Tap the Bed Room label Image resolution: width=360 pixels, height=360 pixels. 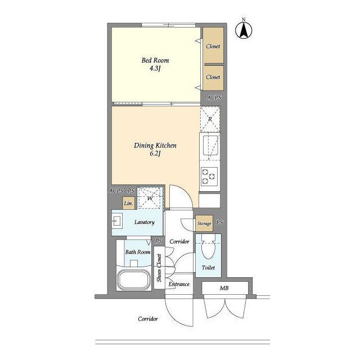click(155, 60)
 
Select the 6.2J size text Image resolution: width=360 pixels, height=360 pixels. click(155, 154)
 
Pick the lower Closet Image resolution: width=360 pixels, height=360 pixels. click(213, 78)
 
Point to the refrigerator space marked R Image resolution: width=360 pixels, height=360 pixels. click(210, 119)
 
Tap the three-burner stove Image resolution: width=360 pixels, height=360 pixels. click(209, 176)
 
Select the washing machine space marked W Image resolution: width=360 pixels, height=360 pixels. click(150, 197)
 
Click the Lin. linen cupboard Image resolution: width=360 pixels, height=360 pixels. click(128, 203)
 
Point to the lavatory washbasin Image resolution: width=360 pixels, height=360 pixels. click(118, 221)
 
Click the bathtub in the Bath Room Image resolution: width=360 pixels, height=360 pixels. click(134, 280)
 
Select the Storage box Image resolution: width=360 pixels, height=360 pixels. click(204, 223)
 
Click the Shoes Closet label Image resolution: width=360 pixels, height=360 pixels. click(159, 268)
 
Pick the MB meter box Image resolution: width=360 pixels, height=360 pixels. click(225, 287)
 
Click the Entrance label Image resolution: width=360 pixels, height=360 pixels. click(179, 284)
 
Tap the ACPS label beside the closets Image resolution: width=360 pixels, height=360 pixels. click(214, 98)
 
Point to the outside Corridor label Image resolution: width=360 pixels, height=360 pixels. click(148, 319)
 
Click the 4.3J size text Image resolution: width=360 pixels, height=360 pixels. click(155, 68)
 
